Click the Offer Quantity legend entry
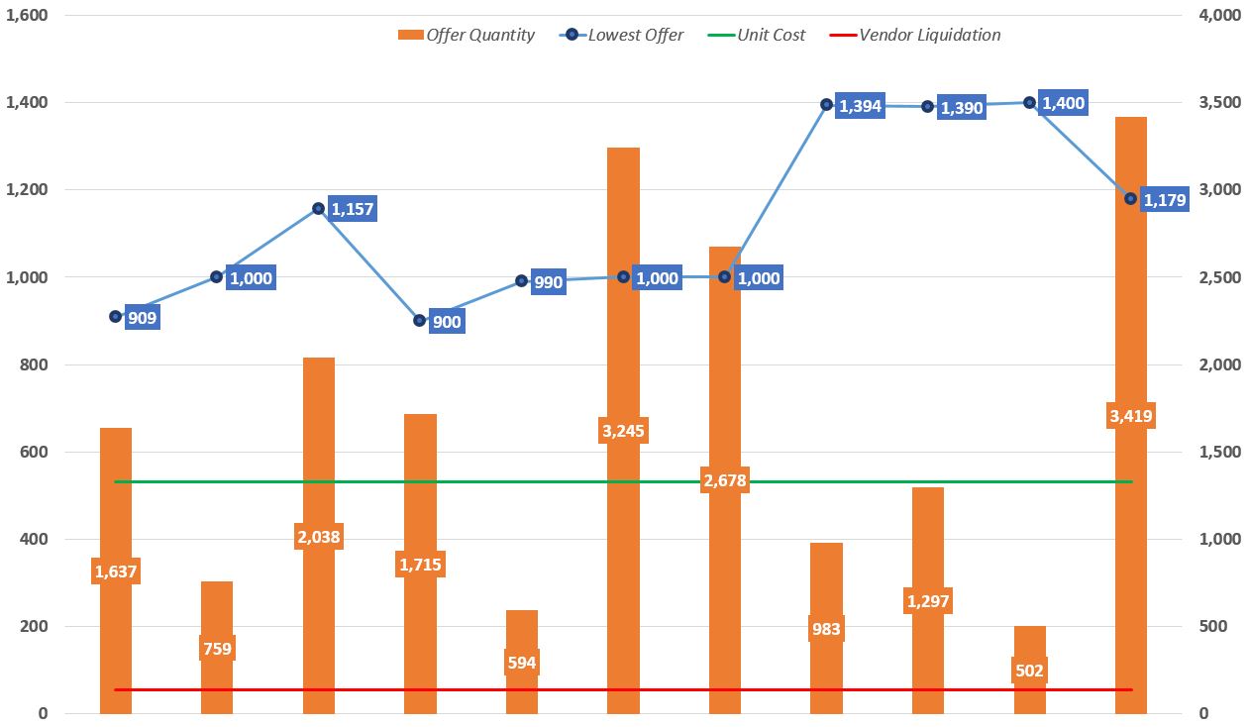click(x=467, y=35)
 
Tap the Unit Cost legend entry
click(x=758, y=35)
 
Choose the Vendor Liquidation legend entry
click(x=915, y=35)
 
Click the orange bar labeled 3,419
click(x=1131, y=545)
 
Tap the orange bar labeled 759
click(x=217, y=614)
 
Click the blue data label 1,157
click(x=353, y=209)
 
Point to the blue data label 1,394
click(x=859, y=106)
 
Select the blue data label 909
click(x=142, y=318)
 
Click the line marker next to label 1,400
click(x=1029, y=102)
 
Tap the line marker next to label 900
click(x=419, y=320)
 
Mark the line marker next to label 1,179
click(x=1130, y=198)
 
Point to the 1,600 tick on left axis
click(x=27, y=15)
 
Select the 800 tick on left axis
click(x=34, y=364)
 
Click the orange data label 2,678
click(x=724, y=480)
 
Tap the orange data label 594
click(x=521, y=663)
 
